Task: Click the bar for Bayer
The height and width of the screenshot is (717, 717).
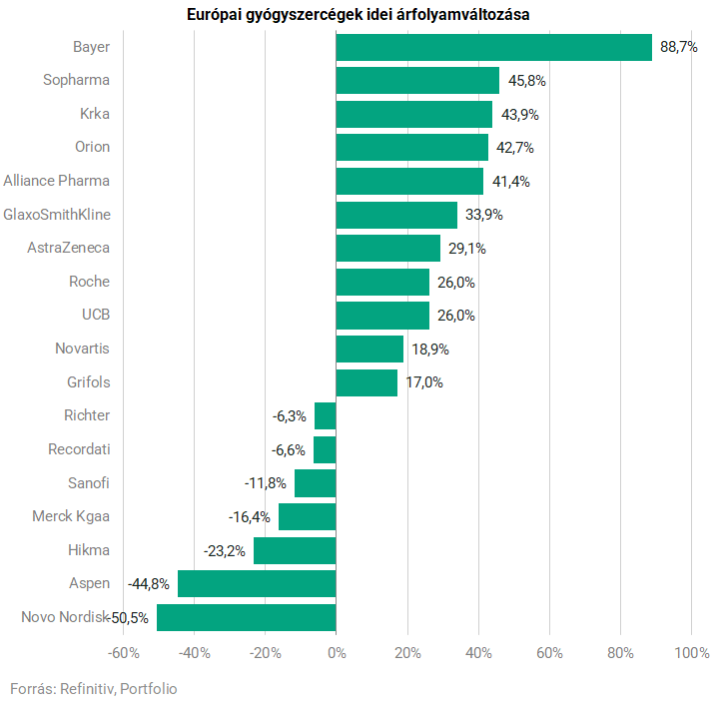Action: [x=493, y=47]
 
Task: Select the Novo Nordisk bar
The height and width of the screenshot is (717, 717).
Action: [x=246, y=617]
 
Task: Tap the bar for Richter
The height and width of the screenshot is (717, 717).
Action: [x=325, y=415]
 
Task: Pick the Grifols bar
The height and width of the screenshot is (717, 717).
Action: [x=366, y=382]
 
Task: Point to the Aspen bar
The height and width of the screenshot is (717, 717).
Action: [x=257, y=583]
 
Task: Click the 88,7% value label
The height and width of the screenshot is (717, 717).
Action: [x=678, y=47]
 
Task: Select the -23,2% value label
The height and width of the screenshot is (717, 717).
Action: [x=225, y=550]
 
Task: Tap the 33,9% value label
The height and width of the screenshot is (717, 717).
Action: [x=483, y=215]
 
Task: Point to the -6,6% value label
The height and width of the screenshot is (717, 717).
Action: [x=289, y=449]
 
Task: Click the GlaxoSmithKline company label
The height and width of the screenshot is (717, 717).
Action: [x=57, y=215]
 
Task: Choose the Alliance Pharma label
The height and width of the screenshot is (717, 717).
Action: [x=57, y=181]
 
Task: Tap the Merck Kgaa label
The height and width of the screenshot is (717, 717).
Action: [x=71, y=516]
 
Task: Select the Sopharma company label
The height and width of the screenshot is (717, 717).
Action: [x=77, y=80]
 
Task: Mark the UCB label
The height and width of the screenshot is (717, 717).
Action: [x=96, y=315]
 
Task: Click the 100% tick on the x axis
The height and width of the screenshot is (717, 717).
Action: [x=691, y=653]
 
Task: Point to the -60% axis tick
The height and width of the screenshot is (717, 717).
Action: [x=123, y=653]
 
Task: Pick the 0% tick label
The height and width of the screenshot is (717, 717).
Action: [x=337, y=653]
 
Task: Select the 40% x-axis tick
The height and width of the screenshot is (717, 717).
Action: [x=478, y=653]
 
